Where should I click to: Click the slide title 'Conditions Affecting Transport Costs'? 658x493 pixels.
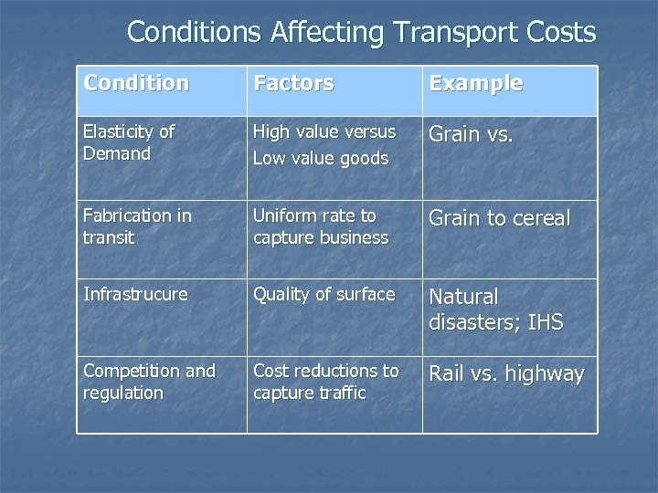[361, 32]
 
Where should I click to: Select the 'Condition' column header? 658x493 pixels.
[136, 83]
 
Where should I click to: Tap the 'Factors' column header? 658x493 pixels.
[293, 83]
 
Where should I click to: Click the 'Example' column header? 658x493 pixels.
[476, 83]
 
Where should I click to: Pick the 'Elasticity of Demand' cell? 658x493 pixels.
[129, 142]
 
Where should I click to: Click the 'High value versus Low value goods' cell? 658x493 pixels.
[324, 144]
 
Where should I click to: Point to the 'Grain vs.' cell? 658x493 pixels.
[471, 135]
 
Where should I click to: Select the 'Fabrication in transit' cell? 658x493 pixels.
[137, 226]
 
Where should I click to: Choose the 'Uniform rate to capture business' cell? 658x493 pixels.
[320, 226]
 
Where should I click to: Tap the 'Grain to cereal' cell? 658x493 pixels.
[499, 219]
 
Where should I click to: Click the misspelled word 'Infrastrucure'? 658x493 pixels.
[135, 294]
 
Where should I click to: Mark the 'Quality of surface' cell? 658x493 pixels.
[324, 294]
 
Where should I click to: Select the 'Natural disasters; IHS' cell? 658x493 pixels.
[495, 309]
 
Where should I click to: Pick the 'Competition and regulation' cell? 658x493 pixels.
[149, 382]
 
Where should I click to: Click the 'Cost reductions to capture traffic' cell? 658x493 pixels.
[325, 382]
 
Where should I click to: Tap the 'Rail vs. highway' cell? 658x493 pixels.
[506, 374]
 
